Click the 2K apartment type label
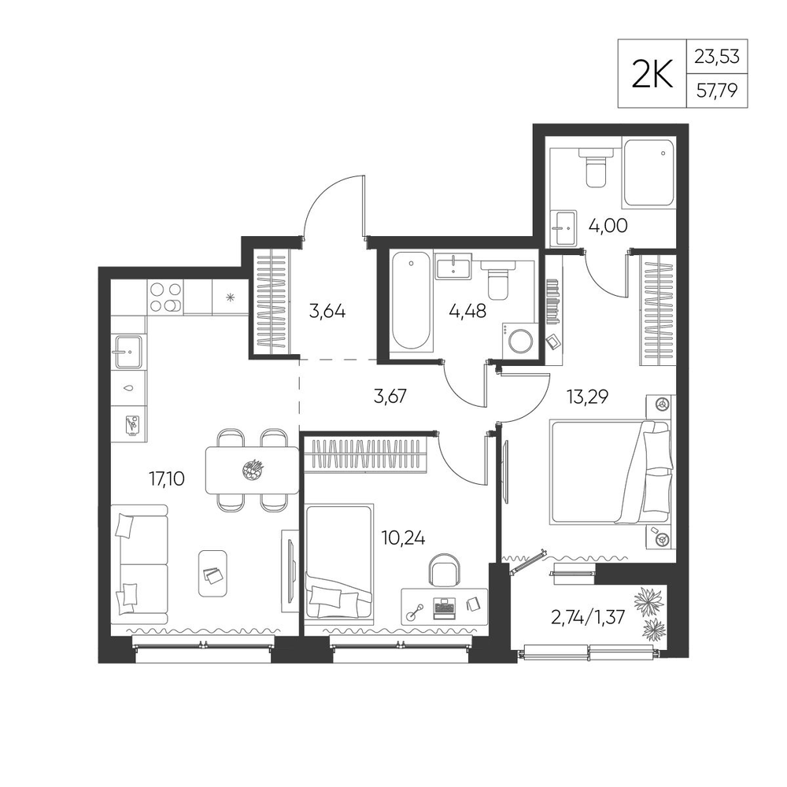[x=652, y=74]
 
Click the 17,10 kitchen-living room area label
[x=167, y=478]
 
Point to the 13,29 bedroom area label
[x=587, y=397]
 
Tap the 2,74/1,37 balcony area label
[x=588, y=617]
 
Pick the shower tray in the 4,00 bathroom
[x=648, y=172]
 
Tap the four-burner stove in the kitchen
[x=165, y=297]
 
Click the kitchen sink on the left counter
[x=129, y=352]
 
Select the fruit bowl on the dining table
[x=252, y=469]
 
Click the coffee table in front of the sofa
[x=212, y=573]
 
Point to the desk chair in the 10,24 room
[x=444, y=570]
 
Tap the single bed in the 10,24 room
[x=339, y=564]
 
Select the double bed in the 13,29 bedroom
[x=610, y=472]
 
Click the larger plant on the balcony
[x=649, y=600]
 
